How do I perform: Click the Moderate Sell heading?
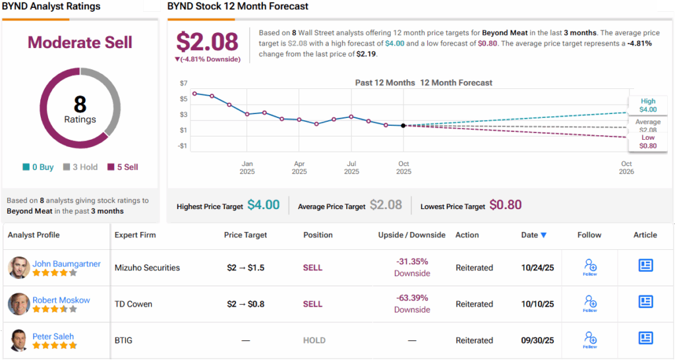pos(80,43)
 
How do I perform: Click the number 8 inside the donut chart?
pos(80,104)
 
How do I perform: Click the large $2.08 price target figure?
pos(207,42)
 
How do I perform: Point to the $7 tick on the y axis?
pos(183,83)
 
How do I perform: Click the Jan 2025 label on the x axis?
pos(247,167)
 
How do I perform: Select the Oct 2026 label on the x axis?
pos(626,167)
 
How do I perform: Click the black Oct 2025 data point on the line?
pos(403,125)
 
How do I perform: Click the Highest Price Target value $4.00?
pos(264,205)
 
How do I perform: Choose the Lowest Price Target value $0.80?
pos(506,205)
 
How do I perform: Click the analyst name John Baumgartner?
pos(67,264)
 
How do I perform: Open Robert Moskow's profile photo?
pos(18,304)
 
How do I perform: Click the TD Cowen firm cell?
pos(133,304)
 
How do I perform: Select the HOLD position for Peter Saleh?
pos(314,340)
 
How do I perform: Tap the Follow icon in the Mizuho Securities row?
pos(590,266)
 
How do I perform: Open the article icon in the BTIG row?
pos(645,338)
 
